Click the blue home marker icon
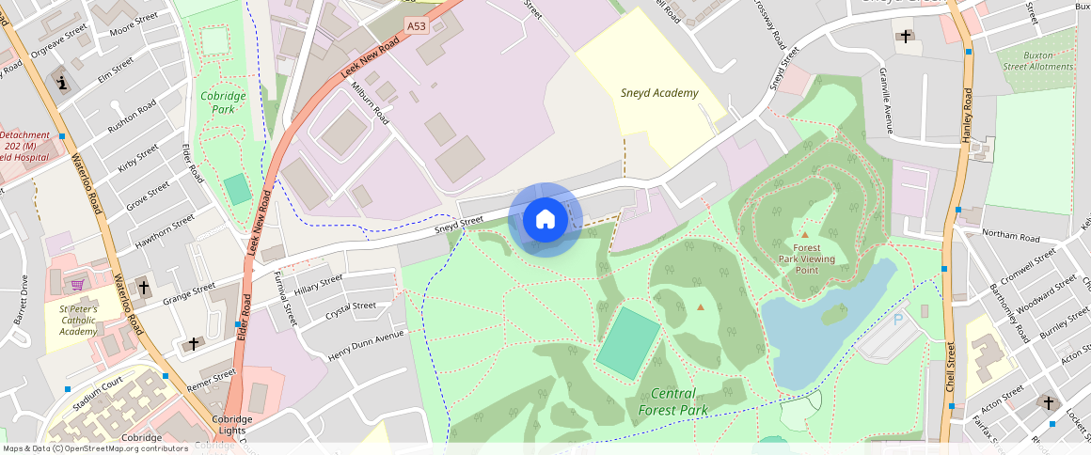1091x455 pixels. click(x=545, y=220)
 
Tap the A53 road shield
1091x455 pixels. click(x=418, y=25)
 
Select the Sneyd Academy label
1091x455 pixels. click(x=659, y=93)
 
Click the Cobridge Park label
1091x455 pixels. click(x=223, y=102)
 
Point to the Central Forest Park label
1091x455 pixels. click(x=672, y=401)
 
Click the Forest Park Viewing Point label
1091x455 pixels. click(x=806, y=259)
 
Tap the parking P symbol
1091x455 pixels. click(x=897, y=320)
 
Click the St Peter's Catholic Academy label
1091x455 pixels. click(x=78, y=320)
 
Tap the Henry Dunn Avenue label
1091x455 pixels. click(x=365, y=347)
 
